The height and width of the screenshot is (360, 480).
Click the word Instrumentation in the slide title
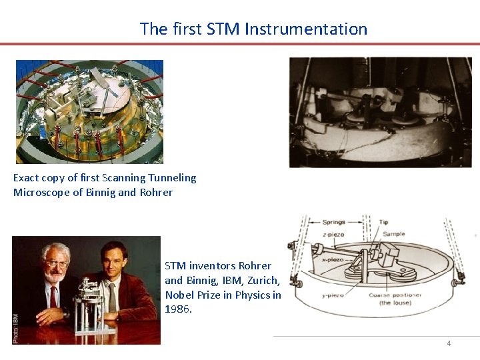click(x=306, y=29)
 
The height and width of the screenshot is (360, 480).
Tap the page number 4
click(x=449, y=343)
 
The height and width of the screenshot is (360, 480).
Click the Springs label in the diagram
click(x=333, y=222)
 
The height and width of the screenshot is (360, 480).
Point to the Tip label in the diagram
click(x=383, y=222)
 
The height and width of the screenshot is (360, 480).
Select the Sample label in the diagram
click(x=393, y=234)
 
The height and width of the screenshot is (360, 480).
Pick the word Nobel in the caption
click(x=179, y=295)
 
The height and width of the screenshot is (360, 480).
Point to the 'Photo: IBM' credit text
click(x=16, y=329)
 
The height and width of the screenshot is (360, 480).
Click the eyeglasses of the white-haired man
click(x=56, y=265)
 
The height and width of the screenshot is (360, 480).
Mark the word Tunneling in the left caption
click(x=175, y=178)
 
